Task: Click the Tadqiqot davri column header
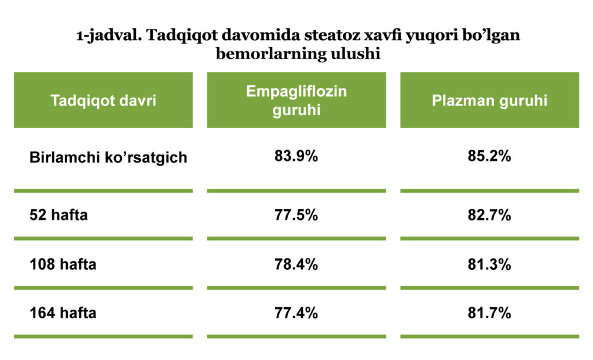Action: tap(103, 101)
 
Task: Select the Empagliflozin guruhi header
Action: tap(296, 101)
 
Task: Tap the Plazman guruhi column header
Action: tap(490, 101)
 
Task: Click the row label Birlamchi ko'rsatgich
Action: tap(108, 157)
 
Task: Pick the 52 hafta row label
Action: tap(58, 215)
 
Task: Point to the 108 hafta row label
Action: tap(63, 264)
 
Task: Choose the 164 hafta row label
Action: tap(63, 313)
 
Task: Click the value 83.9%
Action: tap(296, 156)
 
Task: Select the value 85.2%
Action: tap(489, 156)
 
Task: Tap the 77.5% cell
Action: tap(296, 215)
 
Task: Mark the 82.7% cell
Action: tap(489, 215)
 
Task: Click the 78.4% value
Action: tap(296, 264)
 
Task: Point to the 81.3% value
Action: tap(489, 264)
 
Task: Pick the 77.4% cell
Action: tap(296, 313)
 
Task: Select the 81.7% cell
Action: tap(489, 313)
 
